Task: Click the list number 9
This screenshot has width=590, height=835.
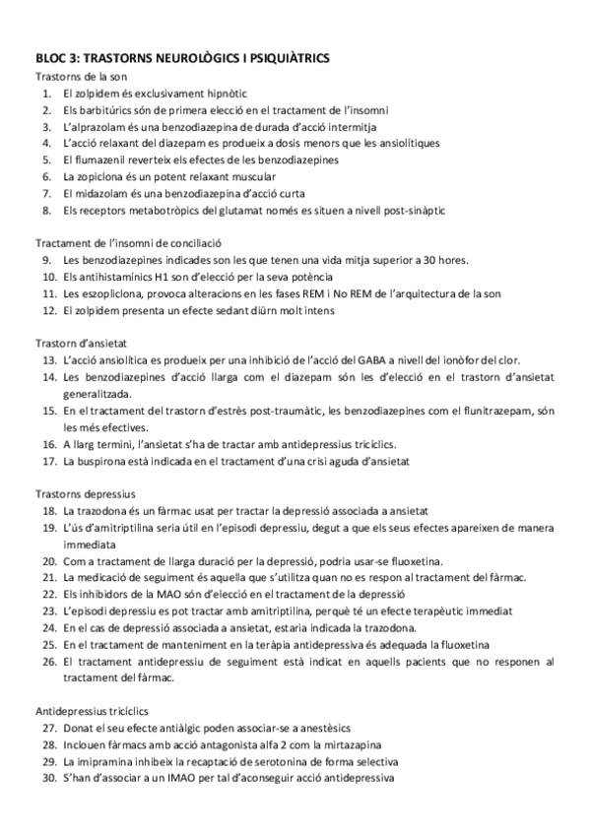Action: click(x=46, y=260)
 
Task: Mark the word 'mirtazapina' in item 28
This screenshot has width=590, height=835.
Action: click(x=347, y=745)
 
